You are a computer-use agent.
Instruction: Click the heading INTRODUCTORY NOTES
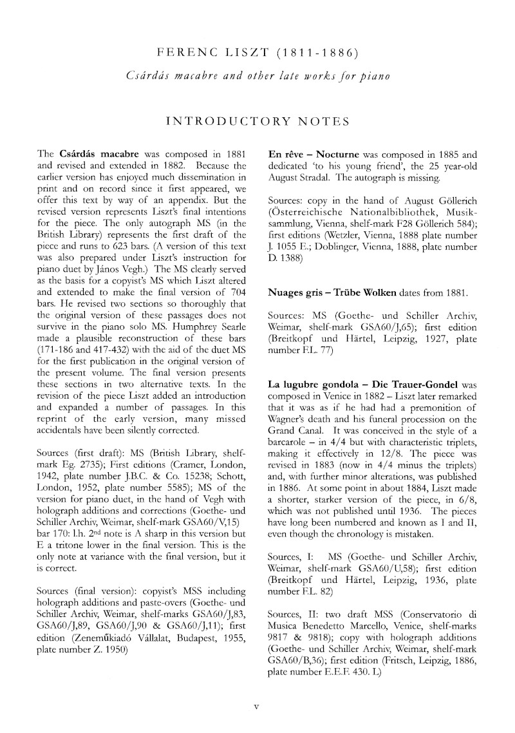[257, 121]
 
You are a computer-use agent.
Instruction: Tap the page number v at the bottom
[257, 706]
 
